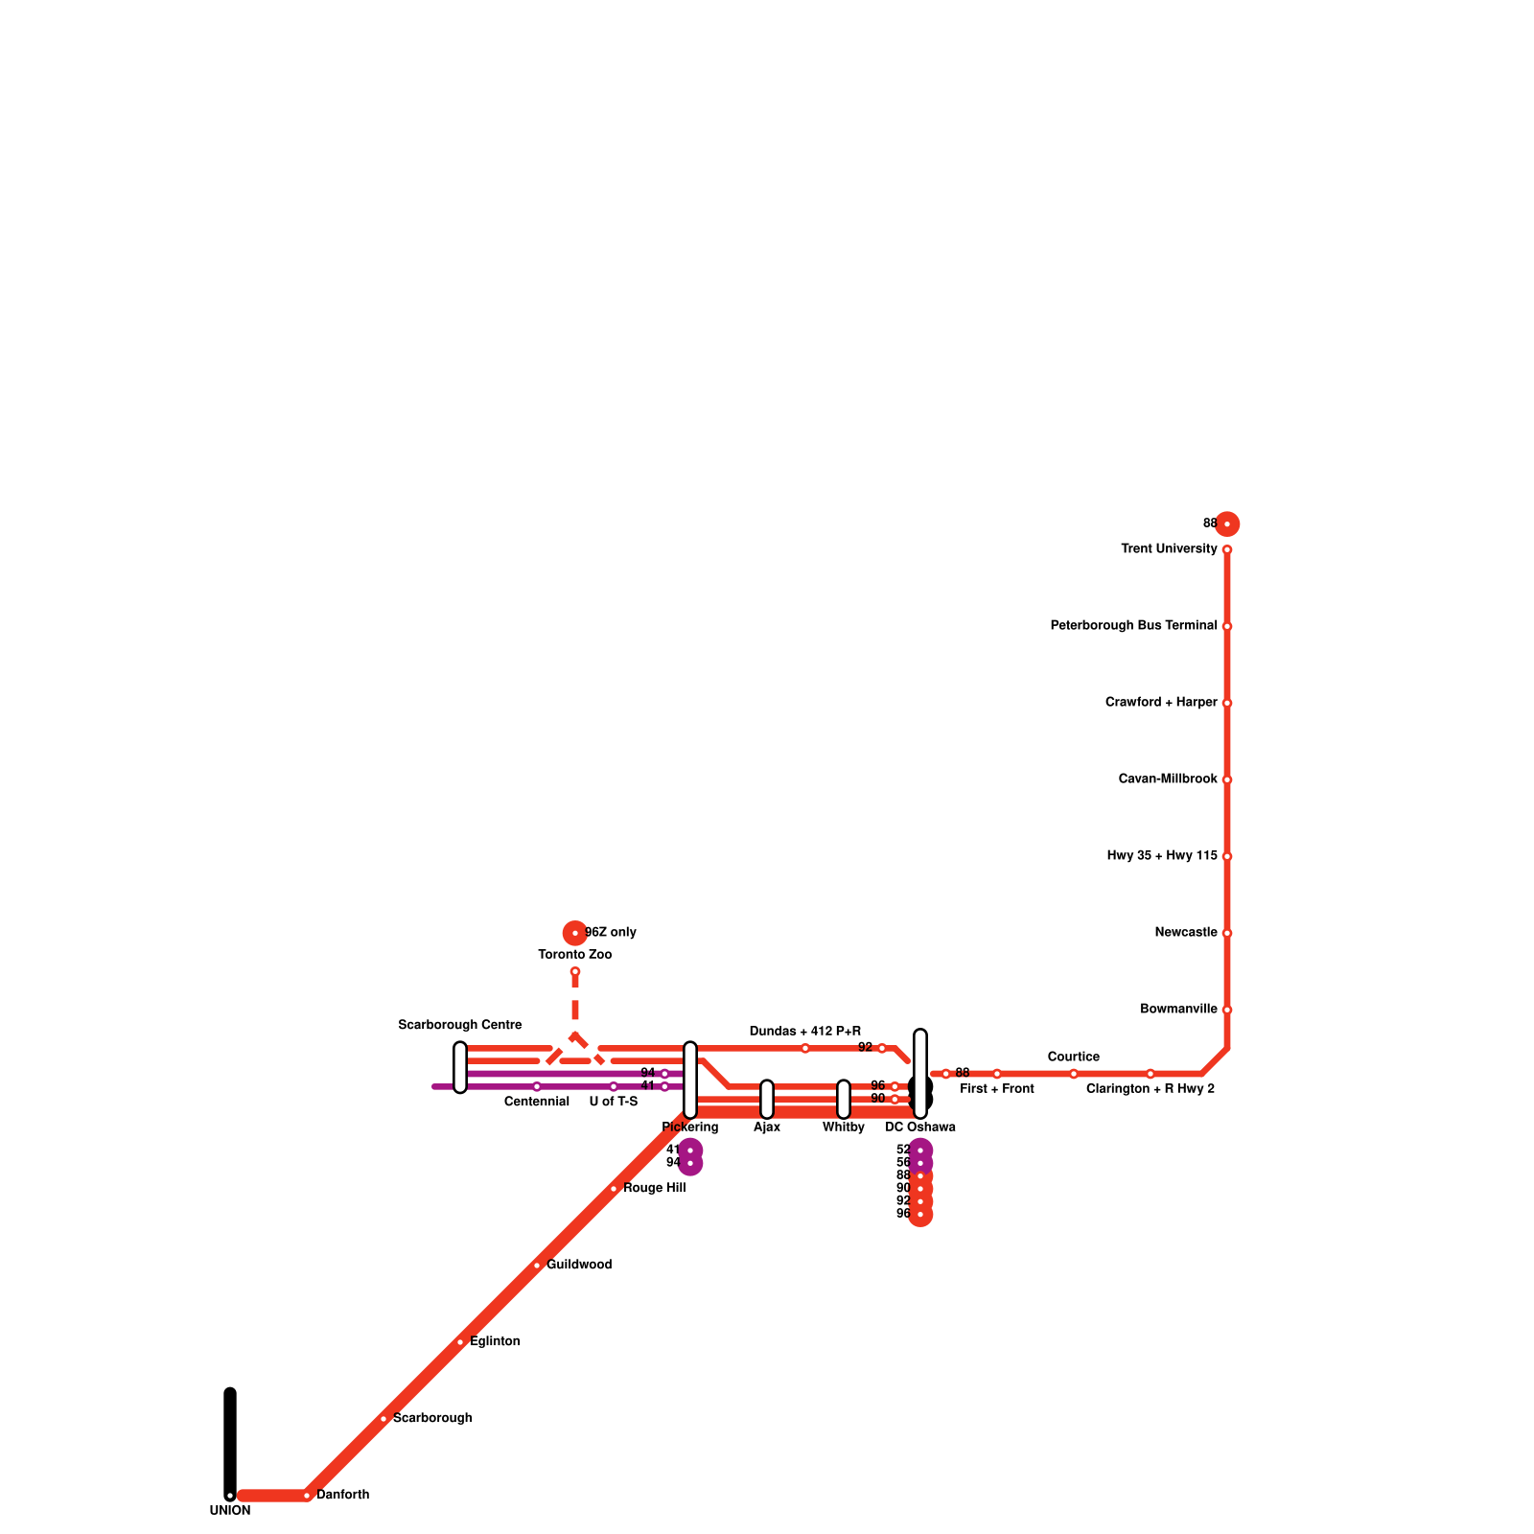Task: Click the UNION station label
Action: pos(230,1511)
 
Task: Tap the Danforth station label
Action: pos(342,1495)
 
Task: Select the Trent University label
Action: pos(1169,549)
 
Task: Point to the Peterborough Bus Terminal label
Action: pos(1133,626)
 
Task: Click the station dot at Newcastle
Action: pos(1227,933)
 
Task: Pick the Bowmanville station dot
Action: pos(1227,1010)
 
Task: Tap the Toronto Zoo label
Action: pos(574,955)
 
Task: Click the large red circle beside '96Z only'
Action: pos(574,932)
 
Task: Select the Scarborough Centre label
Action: pos(460,1026)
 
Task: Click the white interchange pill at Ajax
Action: pos(767,1099)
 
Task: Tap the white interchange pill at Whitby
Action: pos(844,1099)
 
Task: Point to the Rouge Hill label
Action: pos(654,1189)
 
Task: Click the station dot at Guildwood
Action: pos(537,1266)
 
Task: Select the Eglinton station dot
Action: pos(460,1342)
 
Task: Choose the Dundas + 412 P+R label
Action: pos(804,1032)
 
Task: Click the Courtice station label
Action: pos(1073,1058)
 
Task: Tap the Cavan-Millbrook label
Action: pos(1167,779)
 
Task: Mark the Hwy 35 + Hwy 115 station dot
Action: pos(1227,856)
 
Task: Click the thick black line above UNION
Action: pos(230,1438)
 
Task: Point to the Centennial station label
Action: pos(537,1103)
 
